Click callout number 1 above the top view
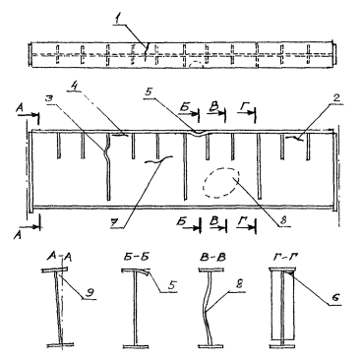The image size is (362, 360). point(116,21)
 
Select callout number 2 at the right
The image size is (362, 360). point(336,97)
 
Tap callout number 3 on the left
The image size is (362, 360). point(49,99)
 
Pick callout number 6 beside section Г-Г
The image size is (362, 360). point(334,297)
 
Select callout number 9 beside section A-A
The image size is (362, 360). point(89,293)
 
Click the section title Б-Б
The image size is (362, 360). point(135,257)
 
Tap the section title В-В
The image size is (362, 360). point(212,257)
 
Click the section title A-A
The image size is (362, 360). point(59,256)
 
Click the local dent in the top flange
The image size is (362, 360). point(199,133)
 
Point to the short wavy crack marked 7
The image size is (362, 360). point(159,159)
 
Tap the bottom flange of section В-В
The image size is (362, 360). point(211,345)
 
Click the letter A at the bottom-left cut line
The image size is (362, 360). point(18,234)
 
